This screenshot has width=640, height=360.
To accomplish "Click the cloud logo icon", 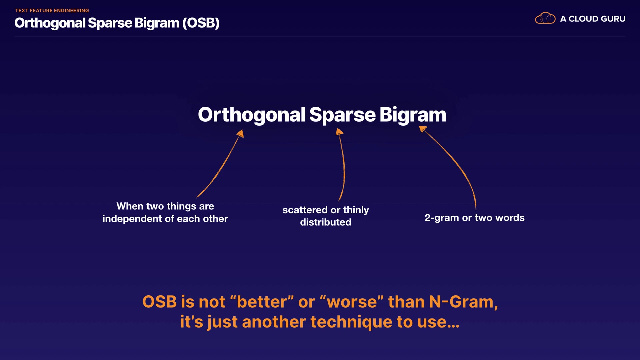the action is tap(545, 18).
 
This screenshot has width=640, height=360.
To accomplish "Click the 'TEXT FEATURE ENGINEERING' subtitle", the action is tap(52, 11).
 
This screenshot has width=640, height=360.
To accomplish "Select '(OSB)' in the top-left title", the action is tap(201, 23).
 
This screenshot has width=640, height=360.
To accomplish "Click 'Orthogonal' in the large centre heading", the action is tap(252, 115).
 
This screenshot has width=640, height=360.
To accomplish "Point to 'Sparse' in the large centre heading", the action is tap(342, 115).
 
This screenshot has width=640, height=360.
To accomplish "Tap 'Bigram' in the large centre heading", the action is tap(413, 115).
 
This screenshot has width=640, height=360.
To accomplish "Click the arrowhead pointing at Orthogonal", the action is tap(240, 134).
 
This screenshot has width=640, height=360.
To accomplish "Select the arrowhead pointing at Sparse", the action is tap(339, 132).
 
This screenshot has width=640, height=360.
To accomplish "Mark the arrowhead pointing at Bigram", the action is tap(423, 129).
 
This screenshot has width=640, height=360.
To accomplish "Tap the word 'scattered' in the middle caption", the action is tap(305, 210).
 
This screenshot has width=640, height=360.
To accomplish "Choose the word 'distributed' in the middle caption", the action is tap(326, 222).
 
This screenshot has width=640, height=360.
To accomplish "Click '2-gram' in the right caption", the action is tap(442, 218).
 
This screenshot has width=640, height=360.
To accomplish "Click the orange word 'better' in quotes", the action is tap(262, 302).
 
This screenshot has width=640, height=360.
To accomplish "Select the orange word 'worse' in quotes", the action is tap(352, 302).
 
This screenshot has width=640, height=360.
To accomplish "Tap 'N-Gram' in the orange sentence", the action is tap(461, 302).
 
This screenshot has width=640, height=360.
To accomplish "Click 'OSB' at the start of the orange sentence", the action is tap(159, 302).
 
